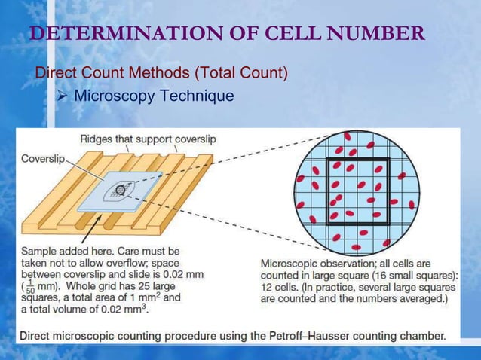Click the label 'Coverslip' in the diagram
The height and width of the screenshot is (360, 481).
(x=42, y=159)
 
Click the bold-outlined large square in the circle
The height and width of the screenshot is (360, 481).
(x=357, y=191)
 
